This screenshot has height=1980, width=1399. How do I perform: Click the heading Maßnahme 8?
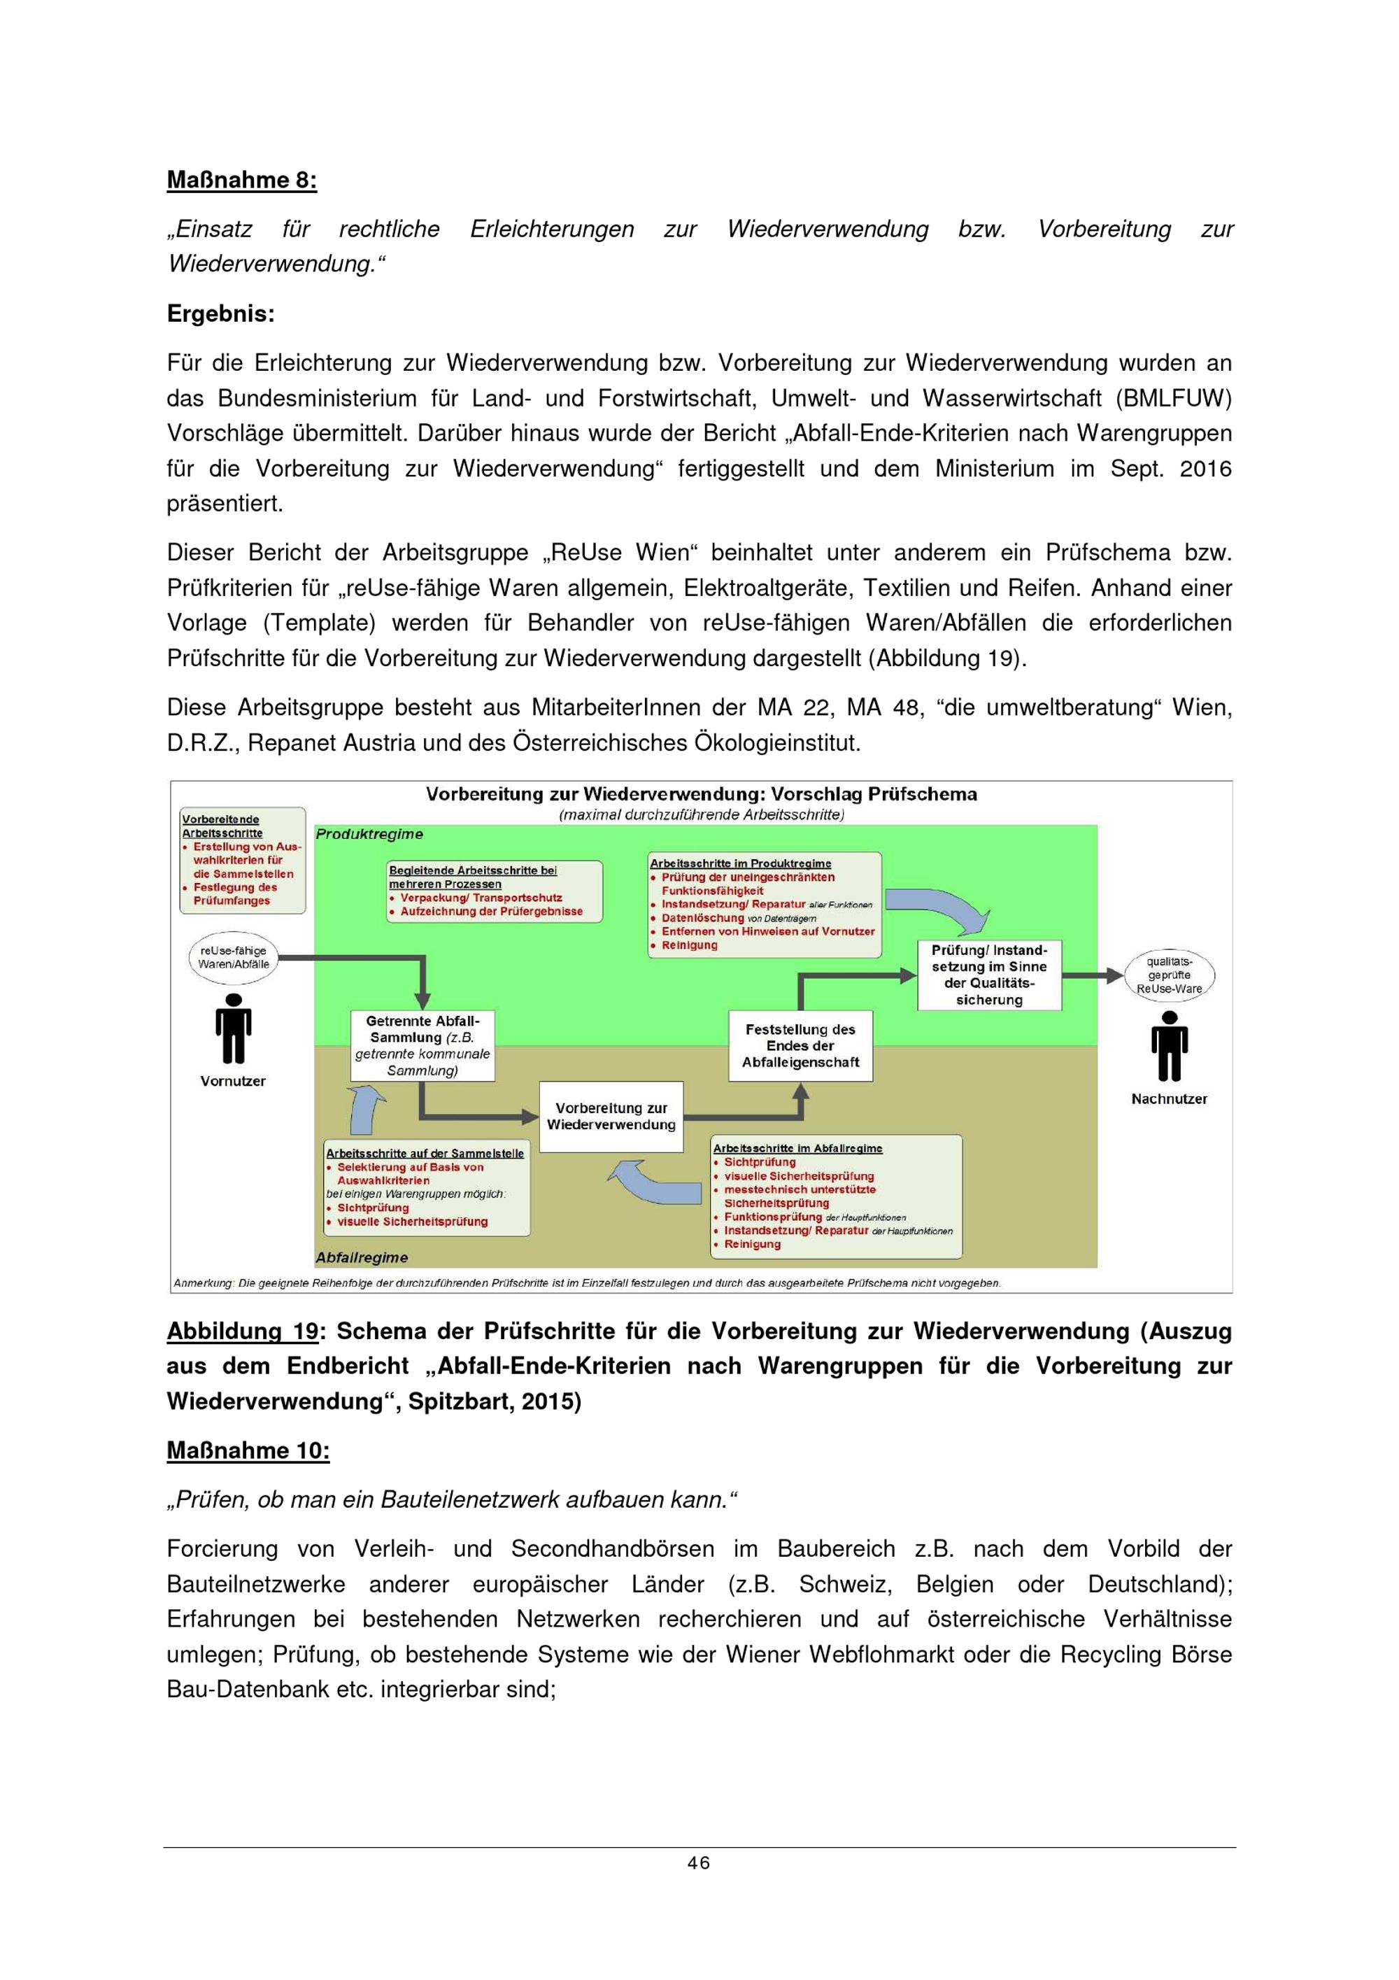tap(241, 181)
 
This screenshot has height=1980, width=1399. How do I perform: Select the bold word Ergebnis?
tap(220, 314)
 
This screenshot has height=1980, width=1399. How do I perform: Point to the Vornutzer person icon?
tap(233, 1028)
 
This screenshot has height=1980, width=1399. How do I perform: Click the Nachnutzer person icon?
tap(1169, 1045)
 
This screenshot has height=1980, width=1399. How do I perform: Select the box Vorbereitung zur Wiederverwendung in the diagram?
tap(611, 1116)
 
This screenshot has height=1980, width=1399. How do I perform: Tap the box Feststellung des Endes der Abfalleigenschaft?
tap(800, 1045)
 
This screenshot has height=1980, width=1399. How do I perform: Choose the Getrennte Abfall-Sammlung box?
tap(422, 1045)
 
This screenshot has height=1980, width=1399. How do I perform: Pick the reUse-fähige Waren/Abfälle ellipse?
tap(234, 957)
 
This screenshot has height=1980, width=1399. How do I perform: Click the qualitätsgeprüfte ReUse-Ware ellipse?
tap(1170, 975)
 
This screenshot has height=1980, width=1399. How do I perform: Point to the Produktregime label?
tap(369, 834)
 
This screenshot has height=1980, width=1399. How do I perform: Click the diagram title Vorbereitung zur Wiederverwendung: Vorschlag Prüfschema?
tap(701, 794)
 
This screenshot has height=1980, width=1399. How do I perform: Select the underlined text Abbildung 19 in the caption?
tap(242, 1331)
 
